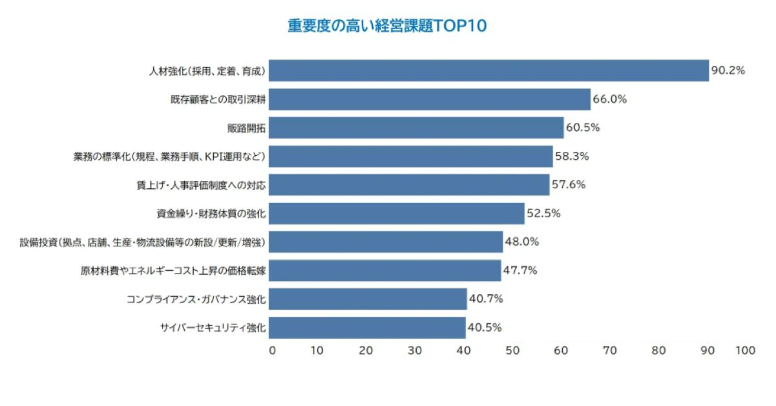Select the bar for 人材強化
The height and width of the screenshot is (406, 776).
pyautogui.click(x=488, y=70)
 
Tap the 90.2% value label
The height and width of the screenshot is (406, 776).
pyautogui.click(x=728, y=70)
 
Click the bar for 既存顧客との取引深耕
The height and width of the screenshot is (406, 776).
pyautogui.click(x=430, y=100)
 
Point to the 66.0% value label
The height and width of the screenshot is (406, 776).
pyautogui.click(x=610, y=100)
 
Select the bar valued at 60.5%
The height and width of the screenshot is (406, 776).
pyautogui.click(x=416, y=128)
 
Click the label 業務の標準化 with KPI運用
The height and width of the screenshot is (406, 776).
pyautogui.click(x=169, y=156)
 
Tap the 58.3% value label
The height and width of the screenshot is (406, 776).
pyautogui.click(x=572, y=156)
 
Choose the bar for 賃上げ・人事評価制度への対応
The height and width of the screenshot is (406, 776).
pyautogui.click(x=409, y=185)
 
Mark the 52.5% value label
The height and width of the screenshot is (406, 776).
pyautogui.click(x=543, y=213)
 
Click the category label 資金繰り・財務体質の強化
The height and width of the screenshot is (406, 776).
pyautogui.click(x=211, y=213)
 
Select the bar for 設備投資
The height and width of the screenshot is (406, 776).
pyautogui.click(x=386, y=242)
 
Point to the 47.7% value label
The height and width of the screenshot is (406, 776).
pyautogui.click(x=520, y=270)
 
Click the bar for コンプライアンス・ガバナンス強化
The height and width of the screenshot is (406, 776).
pyautogui.click(x=368, y=299)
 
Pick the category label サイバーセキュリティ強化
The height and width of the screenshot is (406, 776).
pyautogui.click(x=213, y=327)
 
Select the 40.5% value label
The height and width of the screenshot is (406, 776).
pyautogui.click(x=485, y=327)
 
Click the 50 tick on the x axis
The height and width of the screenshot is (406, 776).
pyautogui.click(x=512, y=350)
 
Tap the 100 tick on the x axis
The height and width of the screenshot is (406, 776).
pyautogui.click(x=745, y=350)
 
